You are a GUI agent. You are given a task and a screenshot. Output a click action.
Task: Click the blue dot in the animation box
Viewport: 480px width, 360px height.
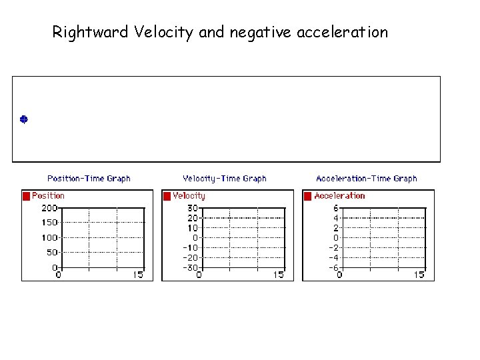pos(23,119)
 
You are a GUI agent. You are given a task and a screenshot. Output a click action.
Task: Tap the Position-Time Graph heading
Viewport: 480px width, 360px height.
pos(89,179)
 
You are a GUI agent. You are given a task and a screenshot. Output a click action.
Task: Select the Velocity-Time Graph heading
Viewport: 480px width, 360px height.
pos(225,179)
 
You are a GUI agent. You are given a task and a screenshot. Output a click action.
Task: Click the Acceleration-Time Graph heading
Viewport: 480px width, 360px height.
pos(367,179)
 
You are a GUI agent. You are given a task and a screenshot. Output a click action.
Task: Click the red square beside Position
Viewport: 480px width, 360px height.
pos(27,196)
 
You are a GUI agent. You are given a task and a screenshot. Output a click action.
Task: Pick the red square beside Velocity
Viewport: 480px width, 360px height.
pos(167,196)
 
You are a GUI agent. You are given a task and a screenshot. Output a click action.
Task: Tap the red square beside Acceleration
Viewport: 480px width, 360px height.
pos(308,196)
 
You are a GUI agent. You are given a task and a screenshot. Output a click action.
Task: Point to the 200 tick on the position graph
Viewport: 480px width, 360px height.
pos(49,207)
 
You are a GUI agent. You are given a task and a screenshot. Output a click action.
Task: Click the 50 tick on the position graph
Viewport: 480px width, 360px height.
pos(52,253)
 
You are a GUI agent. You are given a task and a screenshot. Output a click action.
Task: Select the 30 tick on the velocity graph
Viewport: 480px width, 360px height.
pos(192,207)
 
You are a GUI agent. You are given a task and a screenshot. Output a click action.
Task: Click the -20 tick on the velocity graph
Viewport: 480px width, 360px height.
pos(190,257)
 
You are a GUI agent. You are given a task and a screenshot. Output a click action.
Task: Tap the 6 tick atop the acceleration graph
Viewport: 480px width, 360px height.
pos(336,207)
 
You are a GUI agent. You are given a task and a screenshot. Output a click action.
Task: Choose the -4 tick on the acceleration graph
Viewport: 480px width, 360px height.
pos(334,257)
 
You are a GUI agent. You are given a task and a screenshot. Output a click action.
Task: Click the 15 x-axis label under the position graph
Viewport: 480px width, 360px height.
pos(138,275)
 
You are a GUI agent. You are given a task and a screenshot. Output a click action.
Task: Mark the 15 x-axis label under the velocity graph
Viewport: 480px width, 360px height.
pos(279,275)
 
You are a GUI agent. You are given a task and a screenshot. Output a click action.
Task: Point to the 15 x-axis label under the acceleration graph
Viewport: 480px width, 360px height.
pos(419,275)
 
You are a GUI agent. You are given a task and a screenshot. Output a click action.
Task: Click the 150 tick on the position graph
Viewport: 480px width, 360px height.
pos(49,223)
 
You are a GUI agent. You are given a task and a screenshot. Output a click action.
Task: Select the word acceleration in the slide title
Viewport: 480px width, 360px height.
pos(346,32)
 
